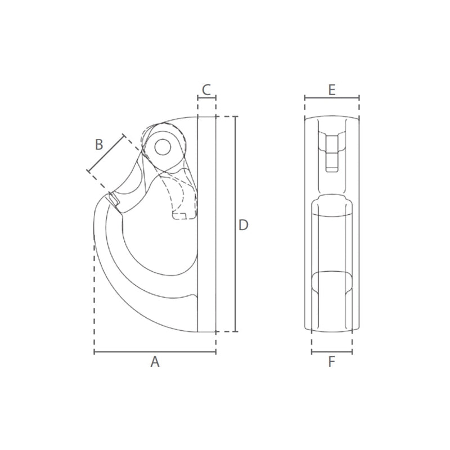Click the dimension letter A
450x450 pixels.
pos(155,362)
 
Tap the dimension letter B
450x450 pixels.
pos(99,145)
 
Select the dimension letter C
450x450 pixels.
pos(206,89)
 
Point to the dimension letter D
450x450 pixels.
pos(244,225)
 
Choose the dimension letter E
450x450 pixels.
pos(332,90)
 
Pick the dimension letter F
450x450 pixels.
pos(332,362)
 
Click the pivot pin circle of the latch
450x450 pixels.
pos(163,147)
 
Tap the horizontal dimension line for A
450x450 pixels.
pos(155,351)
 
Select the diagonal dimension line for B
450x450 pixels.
pos(106,152)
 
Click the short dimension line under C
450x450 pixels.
pos(206,98)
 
